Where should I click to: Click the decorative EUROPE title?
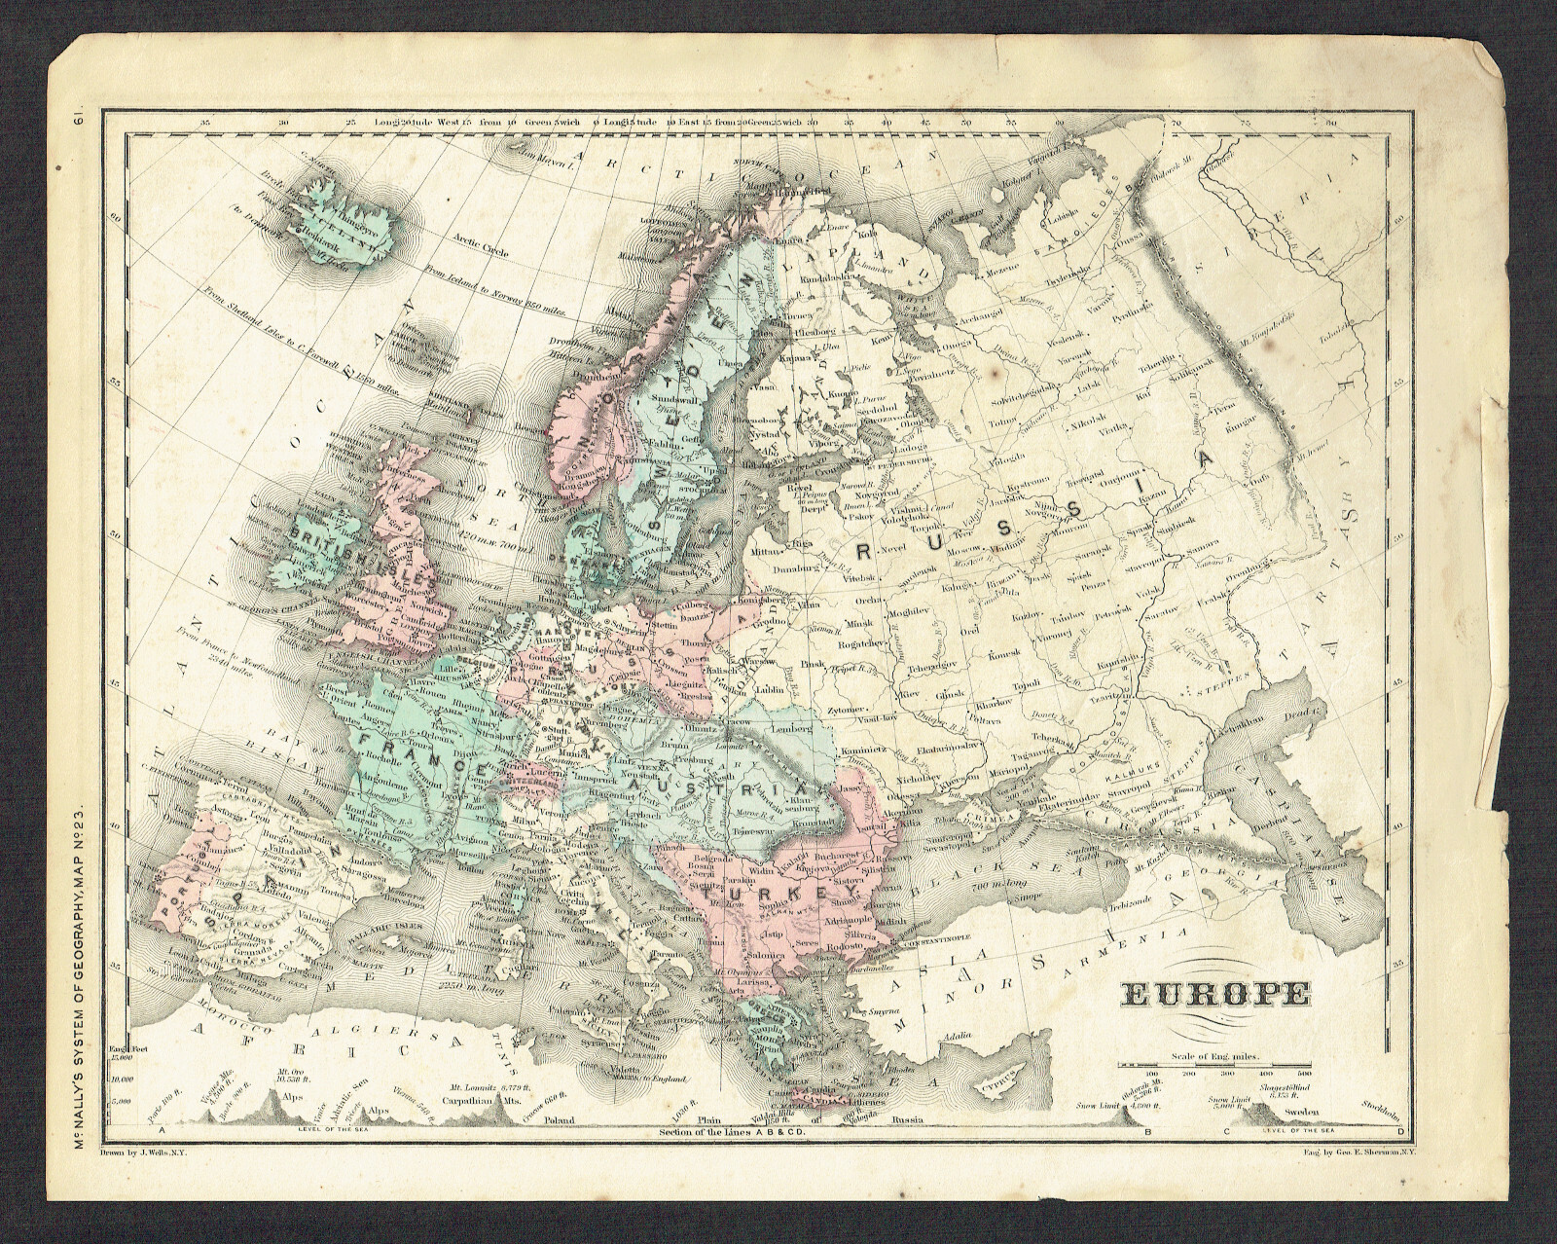[x=1216, y=995]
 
